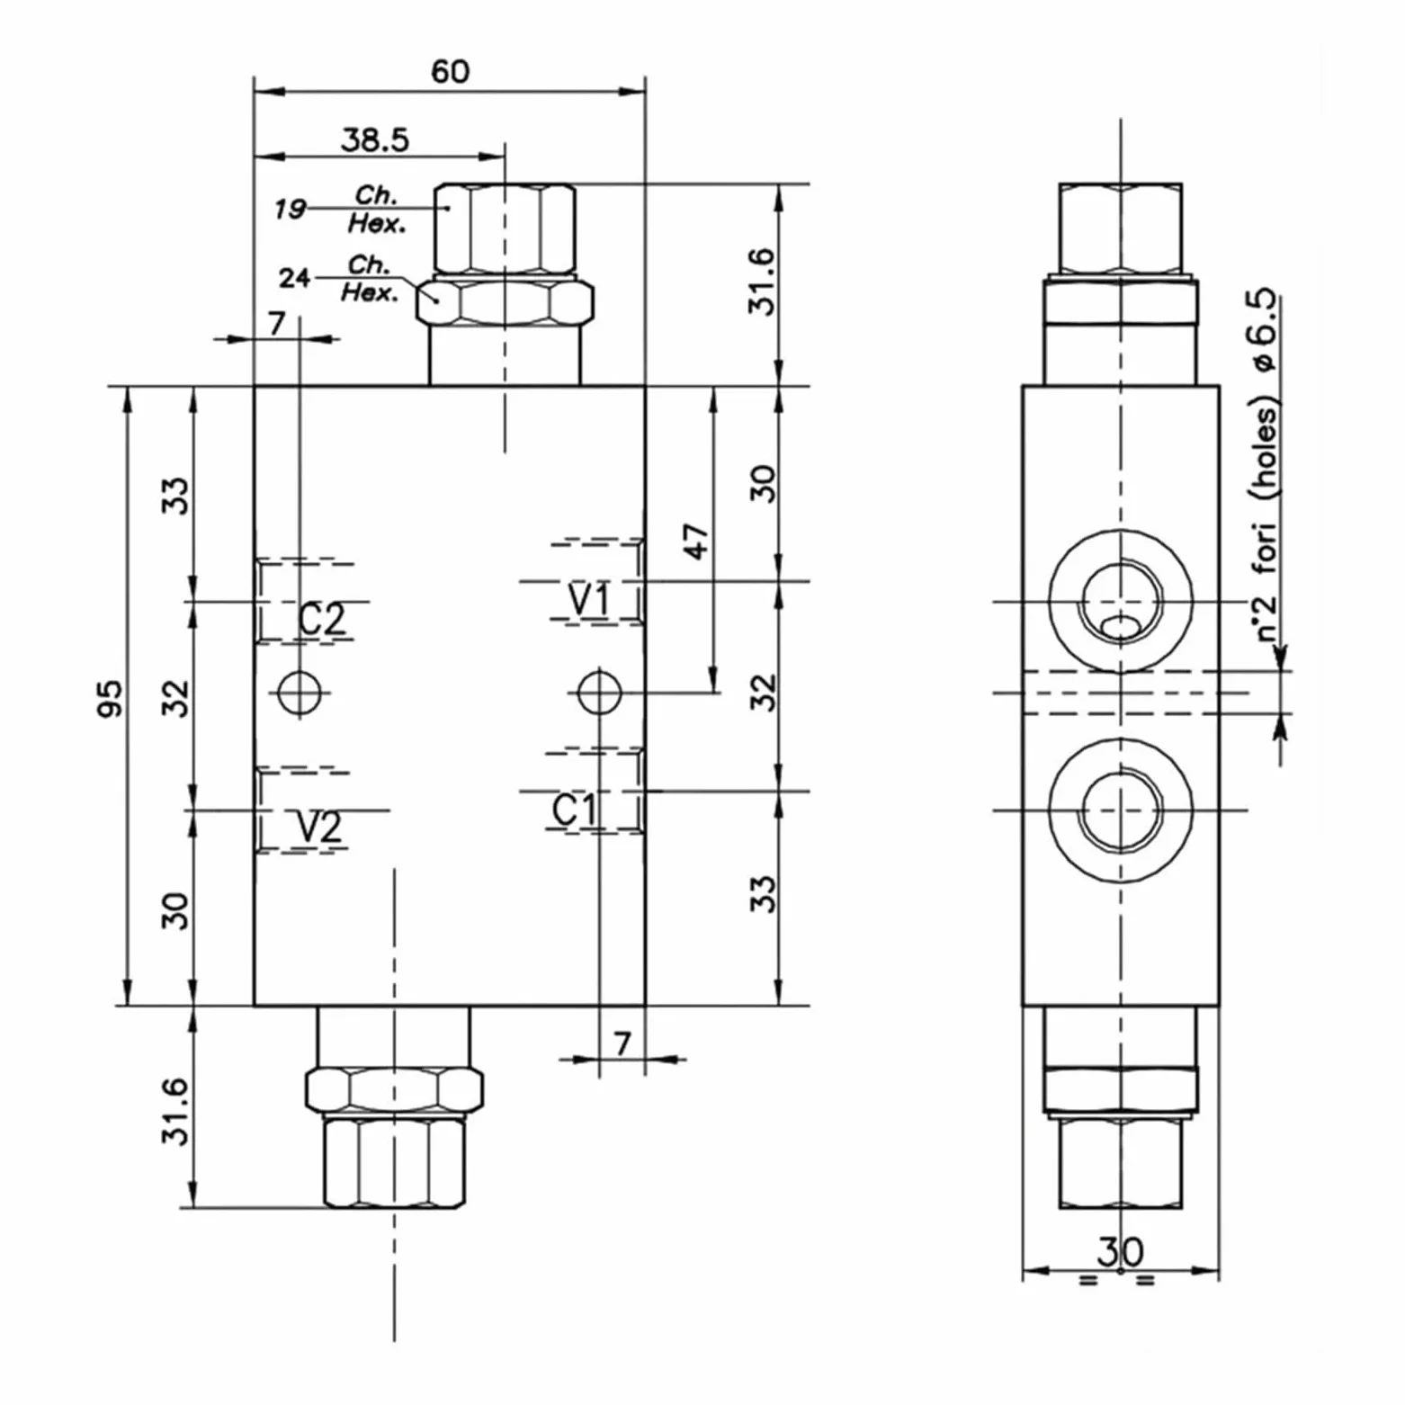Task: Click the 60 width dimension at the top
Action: click(450, 71)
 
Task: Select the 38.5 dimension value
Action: click(375, 139)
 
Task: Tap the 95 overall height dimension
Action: click(109, 699)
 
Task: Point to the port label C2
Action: click(321, 619)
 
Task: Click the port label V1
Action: click(589, 599)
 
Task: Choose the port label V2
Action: click(319, 827)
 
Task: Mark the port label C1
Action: click(573, 810)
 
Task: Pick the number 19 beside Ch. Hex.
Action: click(290, 209)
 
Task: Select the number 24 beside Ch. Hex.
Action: click(294, 278)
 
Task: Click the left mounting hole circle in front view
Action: click(300, 693)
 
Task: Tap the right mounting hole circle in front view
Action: click(599, 693)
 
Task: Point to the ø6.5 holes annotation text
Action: click(1265, 464)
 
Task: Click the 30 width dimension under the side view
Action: click(1120, 1251)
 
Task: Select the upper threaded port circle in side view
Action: click(1121, 601)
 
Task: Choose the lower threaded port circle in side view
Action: click(1121, 810)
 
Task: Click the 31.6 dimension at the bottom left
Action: click(175, 1111)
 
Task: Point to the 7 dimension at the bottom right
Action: click(622, 1043)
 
